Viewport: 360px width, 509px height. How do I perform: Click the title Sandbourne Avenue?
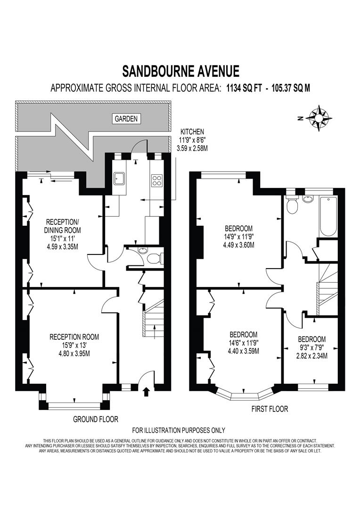[180, 71]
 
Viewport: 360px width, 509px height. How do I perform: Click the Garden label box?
[126, 119]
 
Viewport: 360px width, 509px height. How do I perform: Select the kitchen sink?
[119, 178]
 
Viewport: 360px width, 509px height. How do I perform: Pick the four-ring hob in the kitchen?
[156, 180]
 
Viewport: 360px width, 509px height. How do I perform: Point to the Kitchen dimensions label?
[191, 140]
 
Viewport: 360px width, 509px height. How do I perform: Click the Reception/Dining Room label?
[63, 234]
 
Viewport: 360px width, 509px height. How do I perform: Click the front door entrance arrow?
[146, 390]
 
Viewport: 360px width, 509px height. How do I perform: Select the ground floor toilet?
[153, 258]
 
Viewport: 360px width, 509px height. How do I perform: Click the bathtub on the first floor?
[327, 216]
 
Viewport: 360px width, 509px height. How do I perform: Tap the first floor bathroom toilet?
[292, 205]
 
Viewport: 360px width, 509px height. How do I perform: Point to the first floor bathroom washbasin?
[309, 198]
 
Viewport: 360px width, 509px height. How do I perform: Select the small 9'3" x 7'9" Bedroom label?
[311, 347]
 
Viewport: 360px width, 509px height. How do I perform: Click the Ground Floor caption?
[96, 419]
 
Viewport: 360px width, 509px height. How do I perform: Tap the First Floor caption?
[269, 409]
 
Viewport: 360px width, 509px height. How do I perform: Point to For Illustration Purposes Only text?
[179, 430]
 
